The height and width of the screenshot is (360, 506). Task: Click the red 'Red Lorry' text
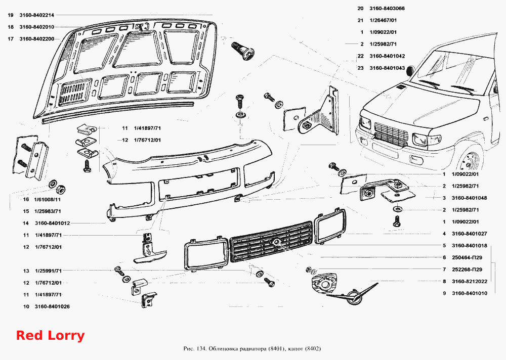tap(50, 336)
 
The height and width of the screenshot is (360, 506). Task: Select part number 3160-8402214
tap(37, 15)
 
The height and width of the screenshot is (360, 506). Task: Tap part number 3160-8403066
tap(387, 9)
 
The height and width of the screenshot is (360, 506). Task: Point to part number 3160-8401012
tap(52, 223)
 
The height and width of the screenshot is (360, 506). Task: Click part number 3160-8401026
tap(52, 306)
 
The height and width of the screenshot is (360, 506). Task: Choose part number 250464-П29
tap(467, 257)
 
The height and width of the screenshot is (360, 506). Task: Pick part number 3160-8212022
tap(470, 281)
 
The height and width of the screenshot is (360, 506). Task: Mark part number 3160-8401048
tap(470, 198)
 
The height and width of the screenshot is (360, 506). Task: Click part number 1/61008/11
tap(48, 199)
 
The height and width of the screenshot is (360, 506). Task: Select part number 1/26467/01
tap(383, 20)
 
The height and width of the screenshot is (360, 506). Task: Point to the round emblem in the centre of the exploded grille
tap(276, 241)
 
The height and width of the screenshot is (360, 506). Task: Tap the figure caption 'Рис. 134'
tap(195, 349)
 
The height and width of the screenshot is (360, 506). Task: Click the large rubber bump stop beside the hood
tap(243, 51)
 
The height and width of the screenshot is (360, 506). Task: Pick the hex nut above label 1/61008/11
tap(61, 189)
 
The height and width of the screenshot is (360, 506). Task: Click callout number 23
tap(360, 68)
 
